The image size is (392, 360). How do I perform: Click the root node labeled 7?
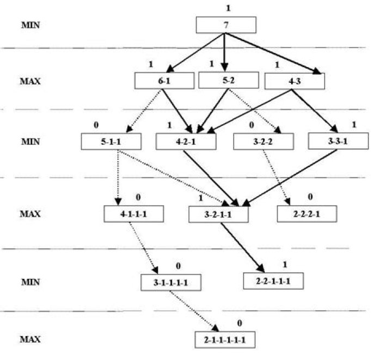point(226,25)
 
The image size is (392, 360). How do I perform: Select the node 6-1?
point(164,81)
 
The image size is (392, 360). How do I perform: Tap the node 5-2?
point(229,80)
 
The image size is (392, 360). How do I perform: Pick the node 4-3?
point(295,81)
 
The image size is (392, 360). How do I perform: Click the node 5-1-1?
point(111,142)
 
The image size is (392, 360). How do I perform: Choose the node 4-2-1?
point(186,142)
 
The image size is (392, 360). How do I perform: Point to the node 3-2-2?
point(264,142)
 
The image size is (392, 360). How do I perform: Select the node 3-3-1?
point(338,141)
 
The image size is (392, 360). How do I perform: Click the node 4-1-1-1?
point(134,213)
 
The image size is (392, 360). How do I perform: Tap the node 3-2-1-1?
point(218,214)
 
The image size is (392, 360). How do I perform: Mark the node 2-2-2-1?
point(307,213)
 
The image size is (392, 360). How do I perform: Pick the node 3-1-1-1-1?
point(171,283)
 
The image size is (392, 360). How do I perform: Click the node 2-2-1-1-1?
point(273,281)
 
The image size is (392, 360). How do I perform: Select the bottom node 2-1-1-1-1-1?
point(225,340)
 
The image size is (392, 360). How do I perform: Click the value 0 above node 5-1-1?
point(96,125)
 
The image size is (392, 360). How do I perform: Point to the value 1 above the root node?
point(228,8)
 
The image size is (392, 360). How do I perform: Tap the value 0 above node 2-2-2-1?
point(310,197)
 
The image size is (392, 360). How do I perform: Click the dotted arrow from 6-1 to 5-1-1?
point(144,111)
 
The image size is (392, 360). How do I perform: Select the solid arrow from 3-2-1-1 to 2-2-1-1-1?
point(242,247)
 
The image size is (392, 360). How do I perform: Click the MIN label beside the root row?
point(30,25)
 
